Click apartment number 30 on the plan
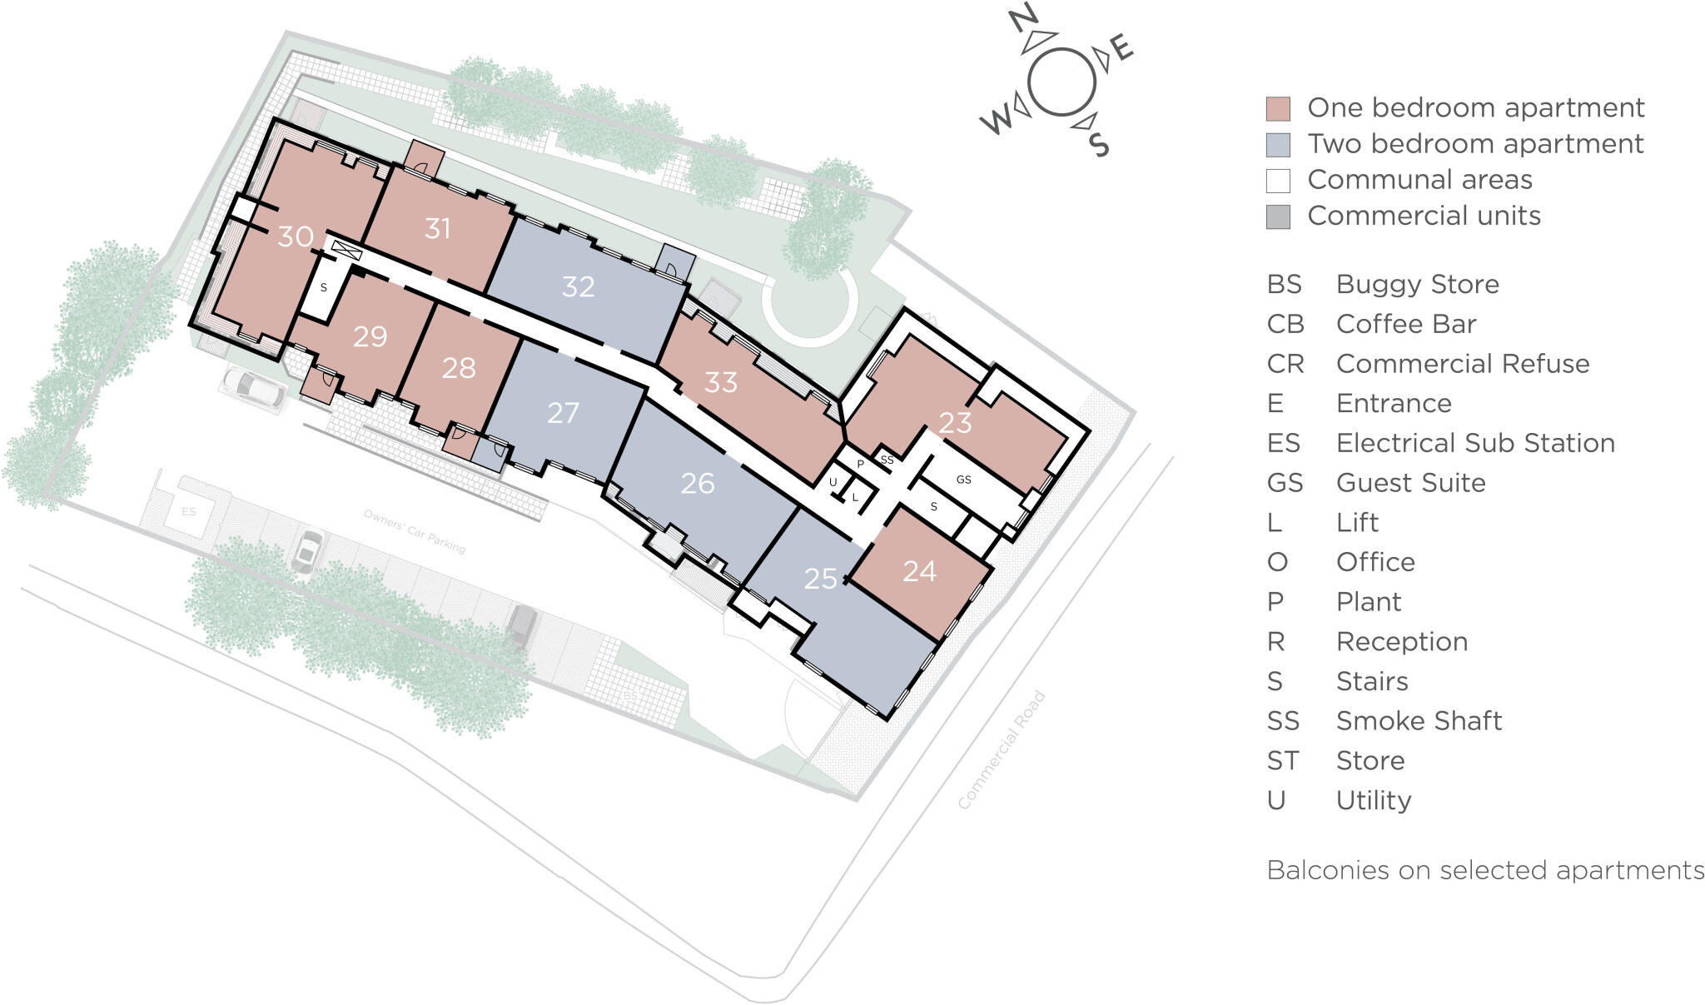click(x=296, y=236)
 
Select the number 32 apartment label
click(x=578, y=286)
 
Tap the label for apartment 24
click(x=919, y=571)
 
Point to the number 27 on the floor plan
click(x=563, y=412)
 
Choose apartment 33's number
click(x=720, y=382)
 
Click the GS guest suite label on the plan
click(x=963, y=480)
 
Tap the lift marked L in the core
click(x=855, y=497)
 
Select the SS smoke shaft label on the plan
click(x=887, y=460)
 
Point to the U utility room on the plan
click(x=833, y=482)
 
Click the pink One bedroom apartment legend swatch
click(x=1278, y=109)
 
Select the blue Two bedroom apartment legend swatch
click(x=1278, y=145)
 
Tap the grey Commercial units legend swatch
click(x=1278, y=216)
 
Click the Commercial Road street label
click(x=1001, y=750)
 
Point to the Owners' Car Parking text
click(x=415, y=531)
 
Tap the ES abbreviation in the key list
click(x=1283, y=443)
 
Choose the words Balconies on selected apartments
click(x=1485, y=870)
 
